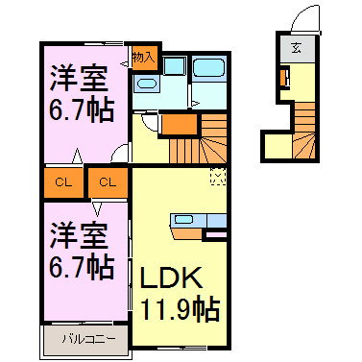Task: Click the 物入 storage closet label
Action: click(x=144, y=57)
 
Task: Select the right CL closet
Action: click(x=108, y=180)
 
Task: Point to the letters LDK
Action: click(x=173, y=278)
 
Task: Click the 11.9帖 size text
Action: click(x=181, y=309)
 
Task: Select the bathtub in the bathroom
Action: click(x=206, y=69)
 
